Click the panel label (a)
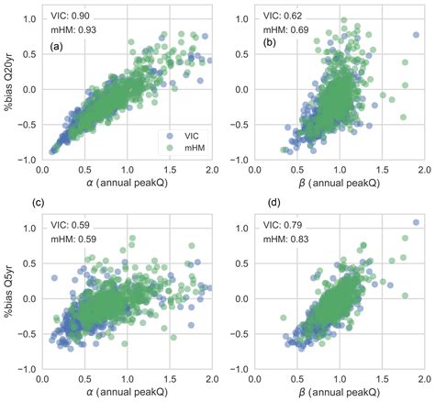56,46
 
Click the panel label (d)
273,203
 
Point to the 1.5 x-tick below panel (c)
170,378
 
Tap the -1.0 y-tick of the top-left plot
27,159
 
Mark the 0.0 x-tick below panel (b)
259,170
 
